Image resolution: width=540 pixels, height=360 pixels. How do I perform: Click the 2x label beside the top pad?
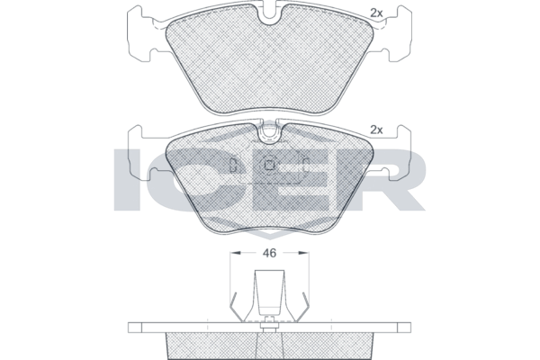(376, 13)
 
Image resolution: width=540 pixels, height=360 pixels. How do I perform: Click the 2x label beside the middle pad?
(376, 130)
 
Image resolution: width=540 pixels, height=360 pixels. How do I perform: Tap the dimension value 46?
(269, 253)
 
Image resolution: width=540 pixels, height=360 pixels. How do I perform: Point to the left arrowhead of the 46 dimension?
(235, 253)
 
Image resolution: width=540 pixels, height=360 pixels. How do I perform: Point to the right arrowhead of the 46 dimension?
(304, 253)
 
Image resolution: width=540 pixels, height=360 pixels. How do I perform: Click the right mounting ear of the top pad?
(398, 34)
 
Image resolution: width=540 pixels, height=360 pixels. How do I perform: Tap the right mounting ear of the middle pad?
(398, 153)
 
